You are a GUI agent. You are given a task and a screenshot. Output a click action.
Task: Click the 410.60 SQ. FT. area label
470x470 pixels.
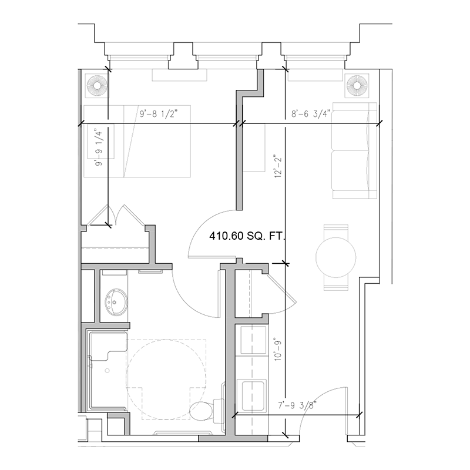247,237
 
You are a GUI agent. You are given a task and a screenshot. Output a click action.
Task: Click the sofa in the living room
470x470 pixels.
354,151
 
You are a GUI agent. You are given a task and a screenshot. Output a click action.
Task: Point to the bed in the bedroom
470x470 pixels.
139,141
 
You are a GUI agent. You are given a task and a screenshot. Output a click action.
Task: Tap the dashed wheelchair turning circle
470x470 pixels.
167,370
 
